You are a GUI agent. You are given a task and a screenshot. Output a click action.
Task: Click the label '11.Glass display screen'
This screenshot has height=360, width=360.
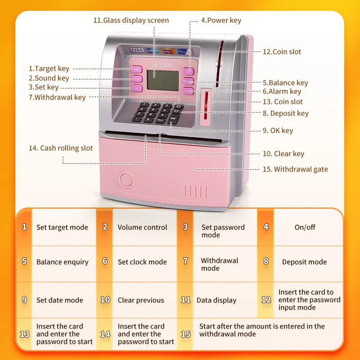coord(131,20)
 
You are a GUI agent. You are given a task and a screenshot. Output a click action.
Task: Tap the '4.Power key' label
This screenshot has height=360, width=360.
coord(221,20)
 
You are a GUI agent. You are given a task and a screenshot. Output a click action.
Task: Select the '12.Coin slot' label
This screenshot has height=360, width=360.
coord(282,52)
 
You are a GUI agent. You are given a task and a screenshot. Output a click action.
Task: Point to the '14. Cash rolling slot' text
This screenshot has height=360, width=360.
coord(60,148)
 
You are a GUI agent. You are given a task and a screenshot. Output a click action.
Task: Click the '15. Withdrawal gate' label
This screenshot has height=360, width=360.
coord(295,170)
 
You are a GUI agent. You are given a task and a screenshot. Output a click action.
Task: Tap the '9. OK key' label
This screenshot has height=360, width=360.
coord(278,130)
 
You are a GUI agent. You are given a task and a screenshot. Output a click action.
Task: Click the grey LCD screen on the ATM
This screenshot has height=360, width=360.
coord(162,81)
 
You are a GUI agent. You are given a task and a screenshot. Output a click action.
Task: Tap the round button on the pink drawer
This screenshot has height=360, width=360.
coord(126,180)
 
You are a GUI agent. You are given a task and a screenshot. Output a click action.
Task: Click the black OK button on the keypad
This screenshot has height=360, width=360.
coord(173,118)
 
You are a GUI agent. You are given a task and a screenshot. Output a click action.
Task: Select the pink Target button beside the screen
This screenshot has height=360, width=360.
coord(136,69)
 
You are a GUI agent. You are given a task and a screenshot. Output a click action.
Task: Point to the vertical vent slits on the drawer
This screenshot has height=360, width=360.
coord(196,191)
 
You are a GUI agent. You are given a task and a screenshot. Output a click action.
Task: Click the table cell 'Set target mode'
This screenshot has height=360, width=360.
coord(62,227)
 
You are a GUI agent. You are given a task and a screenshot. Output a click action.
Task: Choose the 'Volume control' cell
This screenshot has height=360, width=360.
coord(142,227)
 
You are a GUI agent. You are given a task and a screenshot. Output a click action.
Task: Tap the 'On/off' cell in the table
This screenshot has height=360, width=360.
coord(305,227)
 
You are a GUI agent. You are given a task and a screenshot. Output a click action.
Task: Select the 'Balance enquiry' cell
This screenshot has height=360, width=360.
coord(62,262)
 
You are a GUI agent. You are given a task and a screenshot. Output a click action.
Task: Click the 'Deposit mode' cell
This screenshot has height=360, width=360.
coord(304,262)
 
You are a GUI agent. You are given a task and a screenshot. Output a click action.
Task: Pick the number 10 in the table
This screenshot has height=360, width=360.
coord(105,300)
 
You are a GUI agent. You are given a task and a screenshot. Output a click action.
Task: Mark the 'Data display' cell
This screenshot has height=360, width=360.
coord(216,300)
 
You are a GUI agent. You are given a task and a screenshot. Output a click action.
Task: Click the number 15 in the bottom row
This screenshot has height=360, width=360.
coord(185,334)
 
